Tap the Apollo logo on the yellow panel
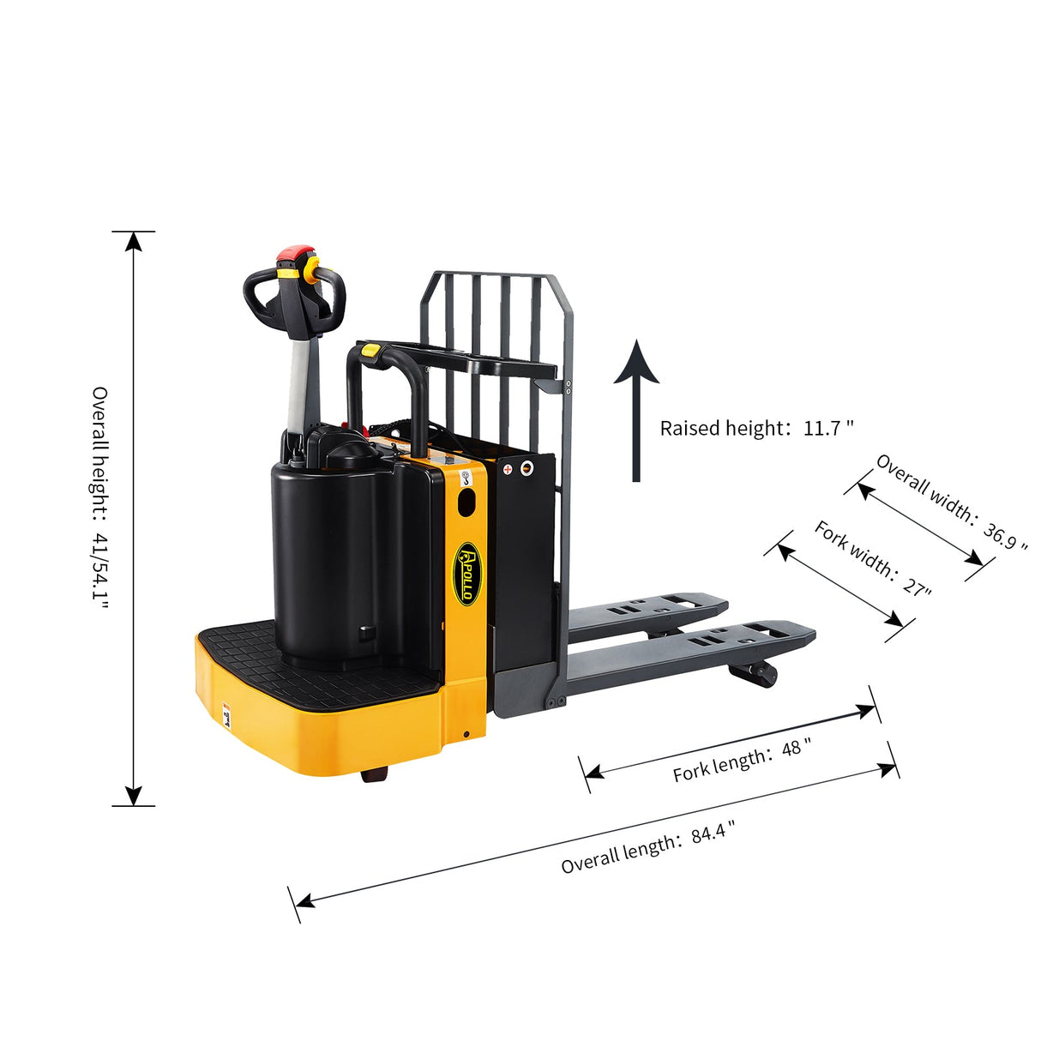pyautogui.click(x=467, y=573)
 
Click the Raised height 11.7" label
pyautogui.click(x=756, y=428)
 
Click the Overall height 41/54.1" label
pyautogui.click(x=100, y=497)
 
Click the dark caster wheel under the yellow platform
pyautogui.click(x=375, y=774)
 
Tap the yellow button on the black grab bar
pyautogui.click(x=372, y=349)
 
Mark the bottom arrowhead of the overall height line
pyautogui.click(x=133, y=796)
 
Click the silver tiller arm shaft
pyautogui.click(x=299, y=386)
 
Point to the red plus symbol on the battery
pyautogui.click(x=508, y=469)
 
